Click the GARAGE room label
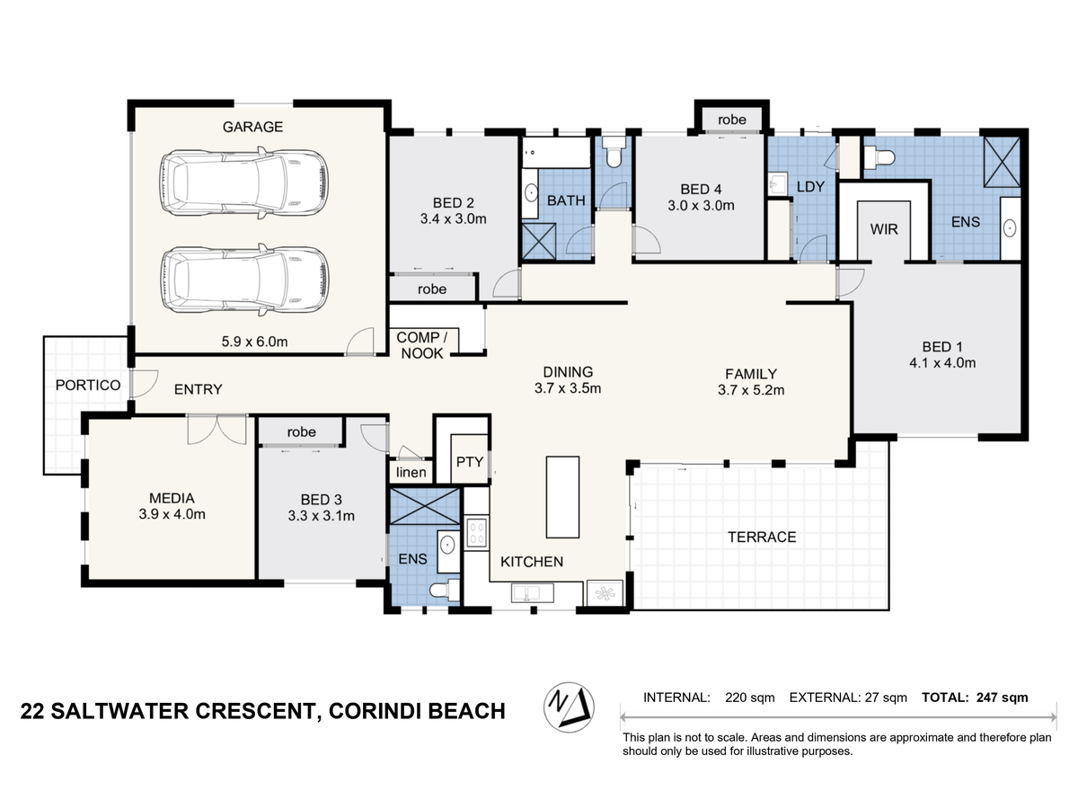[252, 127]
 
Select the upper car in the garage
[244, 183]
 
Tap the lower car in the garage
[244, 280]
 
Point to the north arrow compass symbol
[569, 707]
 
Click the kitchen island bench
[562, 497]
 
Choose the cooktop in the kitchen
[476, 533]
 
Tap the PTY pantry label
[470, 462]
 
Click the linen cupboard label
[411, 472]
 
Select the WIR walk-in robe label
[884, 229]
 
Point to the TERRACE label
[762, 537]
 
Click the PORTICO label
[88, 385]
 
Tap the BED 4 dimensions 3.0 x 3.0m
[701, 205]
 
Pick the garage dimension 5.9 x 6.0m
[254, 342]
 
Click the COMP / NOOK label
[422, 345]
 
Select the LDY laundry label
[810, 187]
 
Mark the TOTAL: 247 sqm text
[975, 698]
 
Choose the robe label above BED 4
[732, 120]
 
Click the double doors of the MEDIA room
[217, 430]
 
